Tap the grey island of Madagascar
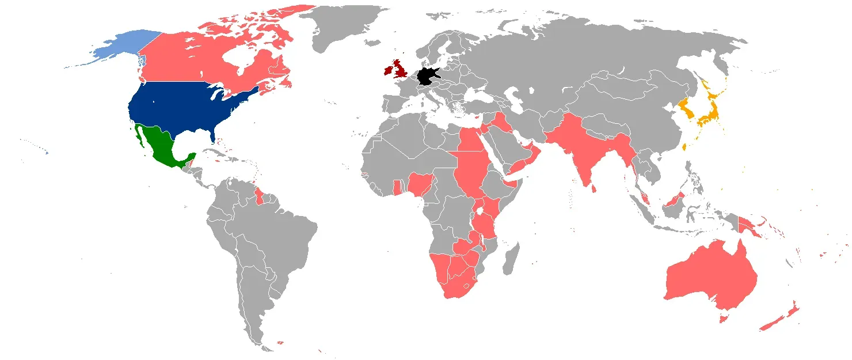(x=510, y=260)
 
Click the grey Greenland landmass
(x=340, y=23)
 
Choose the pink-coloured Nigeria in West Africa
(x=420, y=184)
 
